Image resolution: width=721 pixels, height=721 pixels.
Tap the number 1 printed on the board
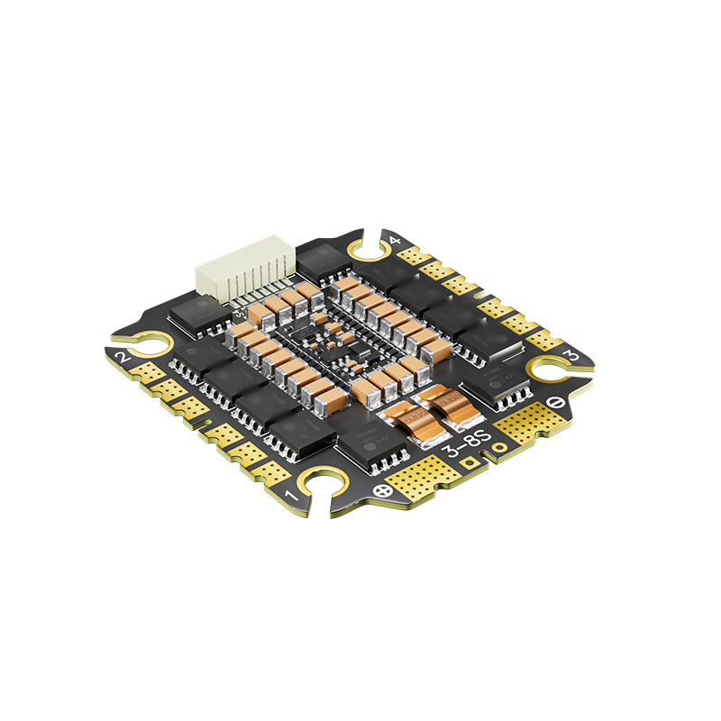pyautogui.click(x=291, y=495)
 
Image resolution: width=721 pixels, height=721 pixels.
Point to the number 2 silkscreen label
pyautogui.click(x=124, y=360)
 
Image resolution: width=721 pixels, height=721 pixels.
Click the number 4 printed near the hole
pyautogui.click(x=395, y=240)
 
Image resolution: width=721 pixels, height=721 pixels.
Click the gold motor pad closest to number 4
pyautogui.click(x=415, y=255)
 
